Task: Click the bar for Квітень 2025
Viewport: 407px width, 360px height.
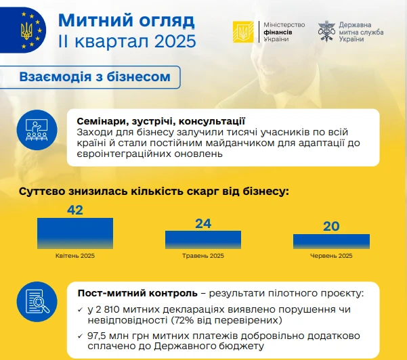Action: point(75,233)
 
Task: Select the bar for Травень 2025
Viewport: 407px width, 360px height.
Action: point(203,240)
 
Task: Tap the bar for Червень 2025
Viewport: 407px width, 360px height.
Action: point(331,242)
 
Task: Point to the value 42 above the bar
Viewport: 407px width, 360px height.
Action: point(75,210)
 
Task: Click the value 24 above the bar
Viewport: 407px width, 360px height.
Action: point(203,223)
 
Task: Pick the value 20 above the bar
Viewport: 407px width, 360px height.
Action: point(331,227)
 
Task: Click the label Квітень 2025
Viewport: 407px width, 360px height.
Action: point(75,256)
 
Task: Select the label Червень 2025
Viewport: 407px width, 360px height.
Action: point(331,256)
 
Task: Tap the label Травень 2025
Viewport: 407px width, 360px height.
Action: point(203,256)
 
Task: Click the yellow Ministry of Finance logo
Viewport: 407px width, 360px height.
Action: point(243,32)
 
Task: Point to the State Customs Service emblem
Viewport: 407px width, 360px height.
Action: point(326,31)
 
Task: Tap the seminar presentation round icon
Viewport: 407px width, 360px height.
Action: point(37,130)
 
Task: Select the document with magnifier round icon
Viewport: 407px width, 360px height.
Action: point(37,302)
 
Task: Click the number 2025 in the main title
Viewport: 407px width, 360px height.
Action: point(175,41)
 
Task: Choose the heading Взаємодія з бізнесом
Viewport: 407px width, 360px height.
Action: point(95,76)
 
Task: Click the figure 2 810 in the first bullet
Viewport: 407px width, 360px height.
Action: point(108,309)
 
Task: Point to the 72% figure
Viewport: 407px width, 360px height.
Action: point(185,320)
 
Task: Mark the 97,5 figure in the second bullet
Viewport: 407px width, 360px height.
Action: point(97,336)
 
